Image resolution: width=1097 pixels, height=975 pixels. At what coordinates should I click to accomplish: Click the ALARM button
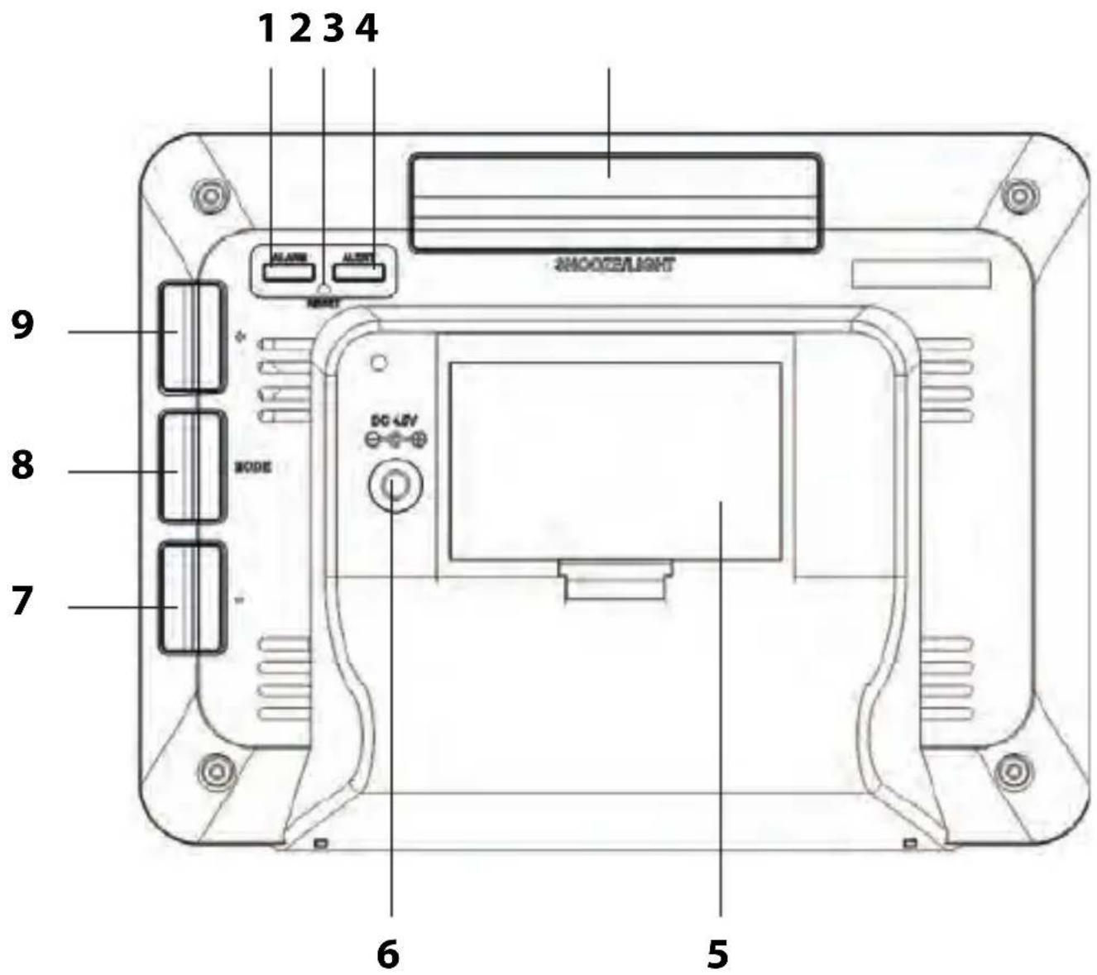289,270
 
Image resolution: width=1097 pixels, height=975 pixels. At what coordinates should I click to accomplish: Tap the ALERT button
359,270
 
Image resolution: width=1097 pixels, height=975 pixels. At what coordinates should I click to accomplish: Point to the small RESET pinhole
323,289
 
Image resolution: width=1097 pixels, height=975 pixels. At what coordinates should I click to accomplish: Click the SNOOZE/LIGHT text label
611,265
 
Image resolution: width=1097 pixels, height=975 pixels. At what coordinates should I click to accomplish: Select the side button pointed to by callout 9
190,337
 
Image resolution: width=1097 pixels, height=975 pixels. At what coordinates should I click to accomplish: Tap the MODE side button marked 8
190,467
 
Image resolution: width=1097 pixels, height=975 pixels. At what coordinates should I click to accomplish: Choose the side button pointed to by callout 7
190,598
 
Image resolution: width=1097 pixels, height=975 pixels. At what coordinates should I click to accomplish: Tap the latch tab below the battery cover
617,578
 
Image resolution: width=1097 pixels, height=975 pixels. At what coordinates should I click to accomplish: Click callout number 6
388,953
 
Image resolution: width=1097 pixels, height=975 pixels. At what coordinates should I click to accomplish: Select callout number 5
718,953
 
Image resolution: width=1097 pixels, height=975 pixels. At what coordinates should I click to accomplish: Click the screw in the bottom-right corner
1013,771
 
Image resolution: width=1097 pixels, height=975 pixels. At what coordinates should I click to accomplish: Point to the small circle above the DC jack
380,362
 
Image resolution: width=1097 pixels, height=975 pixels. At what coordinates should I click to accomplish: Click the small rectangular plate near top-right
921,274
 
